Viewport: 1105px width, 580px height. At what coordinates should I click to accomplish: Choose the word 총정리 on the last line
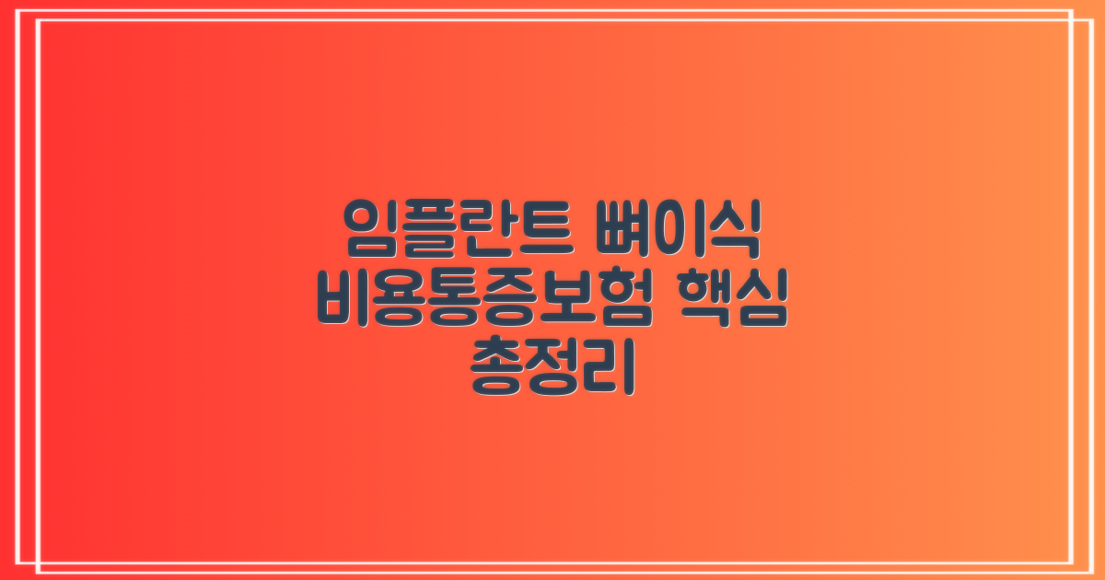click(552, 367)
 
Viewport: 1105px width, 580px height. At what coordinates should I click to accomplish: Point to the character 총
click(498, 367)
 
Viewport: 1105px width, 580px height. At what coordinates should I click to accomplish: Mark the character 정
click(553, 367)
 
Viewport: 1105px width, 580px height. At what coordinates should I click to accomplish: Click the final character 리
click(609, 367)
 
